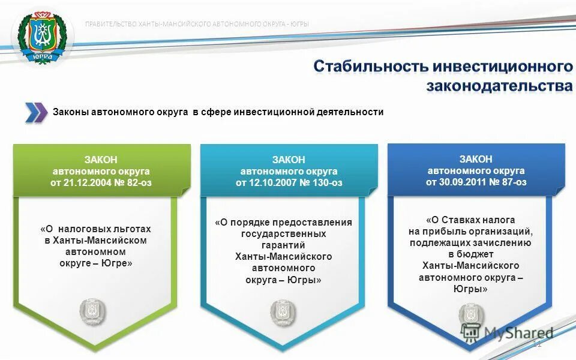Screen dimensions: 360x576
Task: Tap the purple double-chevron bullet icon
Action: pos(36,112)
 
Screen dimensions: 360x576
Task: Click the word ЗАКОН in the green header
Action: pos(101,160)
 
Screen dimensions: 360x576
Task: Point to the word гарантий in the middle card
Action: pos(284,245)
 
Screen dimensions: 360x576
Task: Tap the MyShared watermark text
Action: pos(518,332)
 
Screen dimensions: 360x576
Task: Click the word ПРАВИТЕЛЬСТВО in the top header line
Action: pos(111,24)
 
